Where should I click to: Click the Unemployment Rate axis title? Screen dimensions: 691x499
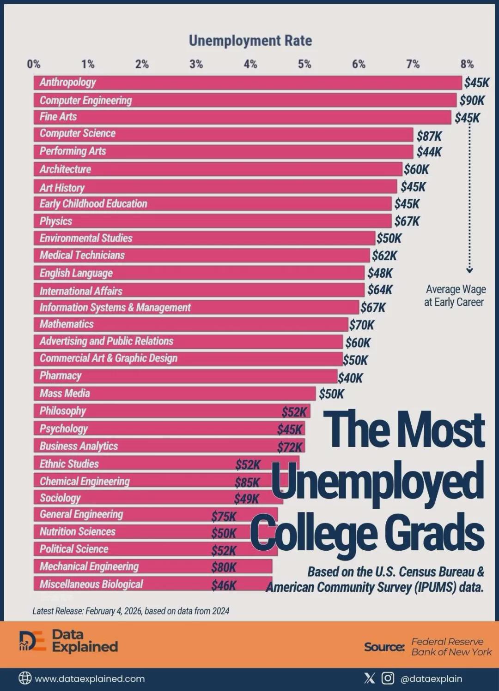[x=250, y=41]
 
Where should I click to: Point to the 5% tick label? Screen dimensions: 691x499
[x=304, y=64]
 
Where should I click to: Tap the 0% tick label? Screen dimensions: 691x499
[x=33, y=64]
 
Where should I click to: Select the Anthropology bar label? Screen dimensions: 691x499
[x=67, y=83]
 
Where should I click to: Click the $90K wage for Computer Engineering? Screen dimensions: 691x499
[x=472, y=100]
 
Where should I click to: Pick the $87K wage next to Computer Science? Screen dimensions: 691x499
[x=429, y=136]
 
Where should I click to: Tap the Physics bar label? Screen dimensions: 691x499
[x=56, y=221]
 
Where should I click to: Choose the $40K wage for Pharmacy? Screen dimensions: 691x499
[x=350, y=378]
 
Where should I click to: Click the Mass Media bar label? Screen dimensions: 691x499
[x=65, y=393]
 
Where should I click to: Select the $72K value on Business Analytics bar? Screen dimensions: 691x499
[x=290, y=447]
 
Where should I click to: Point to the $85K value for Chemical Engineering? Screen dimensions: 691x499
[x=247, y=483]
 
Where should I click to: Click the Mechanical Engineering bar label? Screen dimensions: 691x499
[x=89, y=566]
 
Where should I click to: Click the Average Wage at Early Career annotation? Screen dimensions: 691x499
[x=455, y=296]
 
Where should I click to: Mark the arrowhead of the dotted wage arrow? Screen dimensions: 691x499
[x=469, y=270]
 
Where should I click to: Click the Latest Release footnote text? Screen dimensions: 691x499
[x=131, y=611]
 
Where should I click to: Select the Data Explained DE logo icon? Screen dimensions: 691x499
[x=32, y=641]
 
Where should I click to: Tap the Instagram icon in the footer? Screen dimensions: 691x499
[x=388, y=678]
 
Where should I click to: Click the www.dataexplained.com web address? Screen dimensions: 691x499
[x=90, y=679]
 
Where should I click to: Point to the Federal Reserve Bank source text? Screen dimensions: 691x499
[x=451, y=647]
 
